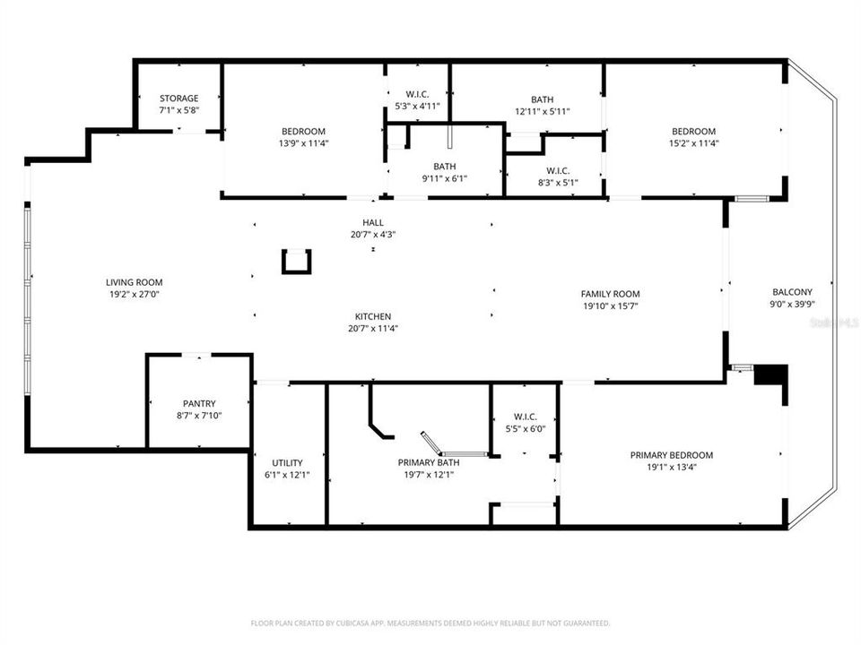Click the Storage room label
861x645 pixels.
click(179, 99)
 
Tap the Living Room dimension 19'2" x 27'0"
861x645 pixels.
click(135, 294)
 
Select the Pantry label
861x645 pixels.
click(199, 404)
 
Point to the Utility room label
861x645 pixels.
click(287, 463)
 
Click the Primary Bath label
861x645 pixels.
click(429, 463)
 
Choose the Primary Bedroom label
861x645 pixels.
click(672, 455)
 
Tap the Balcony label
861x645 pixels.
click(792, 292)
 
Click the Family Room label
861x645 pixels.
click(610, 294)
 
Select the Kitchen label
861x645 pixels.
click(373, 316)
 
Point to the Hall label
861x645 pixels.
click(373, 223)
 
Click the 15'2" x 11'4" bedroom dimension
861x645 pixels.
click(693, 142)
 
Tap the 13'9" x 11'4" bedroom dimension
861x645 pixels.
click(303, 142)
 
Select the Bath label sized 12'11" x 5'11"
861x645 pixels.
click(542, 100)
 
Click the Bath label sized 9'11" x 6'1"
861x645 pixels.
click(445, 166)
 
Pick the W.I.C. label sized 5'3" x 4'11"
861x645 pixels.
click(417, 94)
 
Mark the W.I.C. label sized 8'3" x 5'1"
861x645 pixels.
click(558, 170)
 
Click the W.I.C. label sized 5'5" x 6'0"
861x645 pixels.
click(525, 417)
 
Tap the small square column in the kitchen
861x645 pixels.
click(296, 262)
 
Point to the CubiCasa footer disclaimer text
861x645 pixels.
click(430, 623)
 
